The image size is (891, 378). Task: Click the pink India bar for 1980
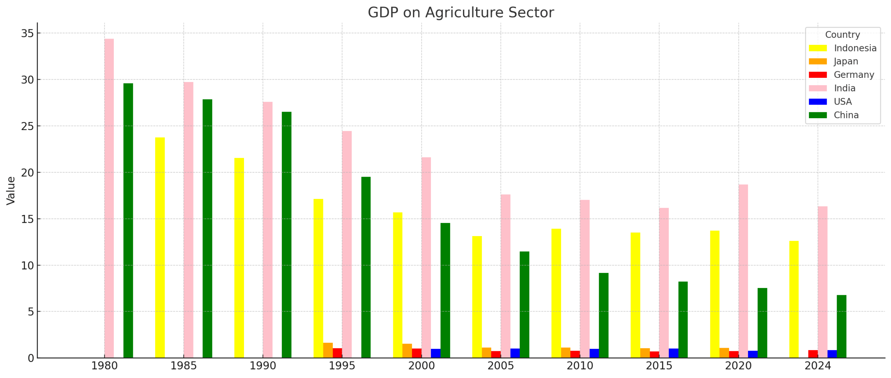click(109, 198)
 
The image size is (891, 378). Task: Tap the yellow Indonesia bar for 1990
click(239, 258)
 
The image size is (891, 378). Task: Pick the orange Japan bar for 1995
click(328, 350)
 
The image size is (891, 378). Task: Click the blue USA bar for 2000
click(435, 353)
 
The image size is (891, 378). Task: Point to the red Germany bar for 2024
click(813, 354)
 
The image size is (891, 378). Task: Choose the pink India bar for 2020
click(743, 271)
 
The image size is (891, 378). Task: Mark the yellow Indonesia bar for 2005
click(477, 297)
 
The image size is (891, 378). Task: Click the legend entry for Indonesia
click(855, 48)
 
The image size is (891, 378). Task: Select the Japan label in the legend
click(846, 62)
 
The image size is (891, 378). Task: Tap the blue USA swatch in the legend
click(818, 102)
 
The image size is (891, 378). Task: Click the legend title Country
click(842, 35)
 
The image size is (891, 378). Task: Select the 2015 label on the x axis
click(659, 366)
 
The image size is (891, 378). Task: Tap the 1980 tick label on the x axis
click(104, 366)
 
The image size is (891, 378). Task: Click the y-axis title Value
click(11, 191)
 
